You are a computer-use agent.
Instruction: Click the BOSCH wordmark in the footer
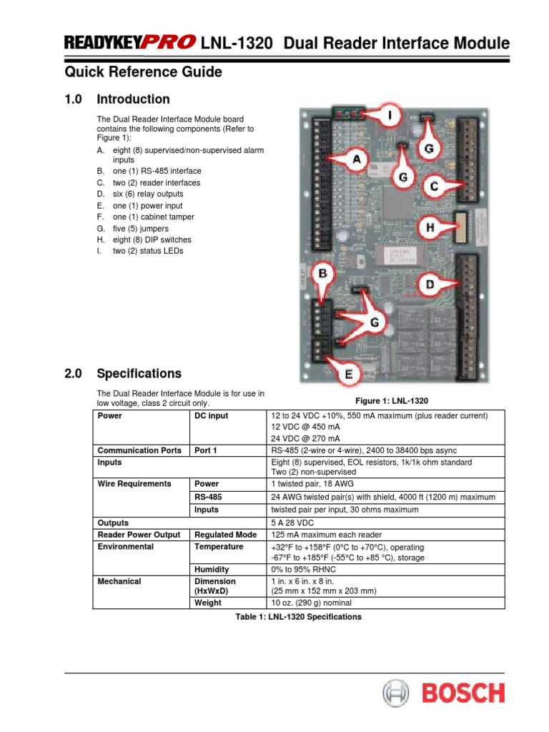tap(462, 693)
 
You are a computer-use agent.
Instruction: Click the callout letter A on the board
tap(355, 160)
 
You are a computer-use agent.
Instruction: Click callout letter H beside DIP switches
tap(430, 228)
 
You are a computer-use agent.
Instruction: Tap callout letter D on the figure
tap(430, 285)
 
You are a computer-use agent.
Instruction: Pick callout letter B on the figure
tap(322, 273)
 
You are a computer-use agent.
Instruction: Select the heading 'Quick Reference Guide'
tap(143, 72)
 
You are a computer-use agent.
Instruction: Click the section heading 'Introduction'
tap(133, 99)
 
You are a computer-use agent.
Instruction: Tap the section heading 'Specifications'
tap(139, 373)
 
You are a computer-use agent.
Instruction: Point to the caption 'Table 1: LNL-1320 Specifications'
tap(299, 616)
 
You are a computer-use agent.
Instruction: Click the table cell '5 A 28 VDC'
tap(292, 523)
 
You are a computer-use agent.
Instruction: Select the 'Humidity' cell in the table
tap(212, 570)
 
